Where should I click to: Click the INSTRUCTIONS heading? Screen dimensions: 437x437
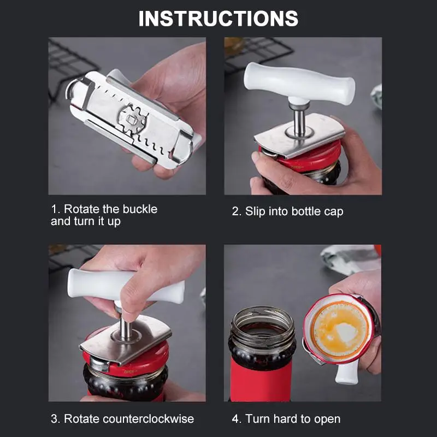pos(218,19)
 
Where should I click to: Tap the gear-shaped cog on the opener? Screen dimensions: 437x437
pos(132,120)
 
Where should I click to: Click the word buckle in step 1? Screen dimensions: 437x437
pos(140,209)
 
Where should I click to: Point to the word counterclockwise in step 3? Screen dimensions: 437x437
pos(148,419)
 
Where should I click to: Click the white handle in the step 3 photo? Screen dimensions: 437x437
pos(126,286)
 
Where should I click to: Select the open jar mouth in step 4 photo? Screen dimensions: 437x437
pos(263,323)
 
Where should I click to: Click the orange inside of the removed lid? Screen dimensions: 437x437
pos(340,330)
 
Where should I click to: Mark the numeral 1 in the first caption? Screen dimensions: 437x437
pos(54,209)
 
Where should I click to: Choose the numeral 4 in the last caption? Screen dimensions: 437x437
pos(235,419)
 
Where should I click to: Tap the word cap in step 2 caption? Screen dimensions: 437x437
pos(334,212)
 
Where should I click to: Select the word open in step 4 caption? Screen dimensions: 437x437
pos(327,420)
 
